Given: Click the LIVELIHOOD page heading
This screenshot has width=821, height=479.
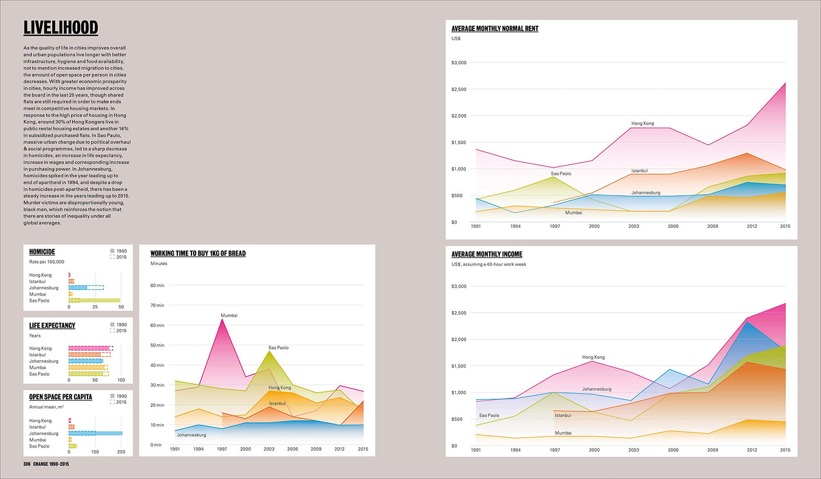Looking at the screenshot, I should [x=60, y=28].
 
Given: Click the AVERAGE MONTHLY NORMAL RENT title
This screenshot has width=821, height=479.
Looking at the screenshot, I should [x=494, y=28].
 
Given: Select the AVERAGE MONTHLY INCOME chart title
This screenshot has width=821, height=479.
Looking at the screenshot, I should [x=486, y=254].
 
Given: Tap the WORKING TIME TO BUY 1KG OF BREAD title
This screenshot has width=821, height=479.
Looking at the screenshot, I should [x=198, y=253].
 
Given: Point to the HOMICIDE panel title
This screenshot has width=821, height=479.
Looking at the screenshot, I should [x=42, y=252].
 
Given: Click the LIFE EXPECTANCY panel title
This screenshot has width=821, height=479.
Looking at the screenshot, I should [x=52, y=326].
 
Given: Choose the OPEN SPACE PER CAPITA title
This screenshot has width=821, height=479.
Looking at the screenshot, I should [x=60, y=397].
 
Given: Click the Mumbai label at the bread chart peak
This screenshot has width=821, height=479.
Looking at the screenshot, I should [x=229, y=315].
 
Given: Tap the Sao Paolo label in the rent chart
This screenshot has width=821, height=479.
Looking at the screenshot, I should [x=561, y=173].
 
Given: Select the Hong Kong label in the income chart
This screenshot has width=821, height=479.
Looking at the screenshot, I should [x=593, y=357].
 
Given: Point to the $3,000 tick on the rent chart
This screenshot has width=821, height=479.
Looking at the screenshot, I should [x=459, y=63].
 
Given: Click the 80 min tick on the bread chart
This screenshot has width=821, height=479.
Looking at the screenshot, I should [x=157, y=285].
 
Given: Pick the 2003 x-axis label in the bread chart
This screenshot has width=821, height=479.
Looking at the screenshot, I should [x=269, y=449].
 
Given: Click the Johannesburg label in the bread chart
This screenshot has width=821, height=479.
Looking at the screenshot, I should [x=191, y=435].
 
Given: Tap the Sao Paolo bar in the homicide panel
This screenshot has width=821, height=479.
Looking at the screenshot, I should [x=94, y=301].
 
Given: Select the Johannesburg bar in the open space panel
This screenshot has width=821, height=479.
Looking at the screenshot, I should [x=95, y=433].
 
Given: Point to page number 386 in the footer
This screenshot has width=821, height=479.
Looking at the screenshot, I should [x=27, y=464].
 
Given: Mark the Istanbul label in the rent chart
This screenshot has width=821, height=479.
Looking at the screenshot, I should [x=639, y=170].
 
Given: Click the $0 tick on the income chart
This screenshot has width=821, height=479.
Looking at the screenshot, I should [x=454, y=446].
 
